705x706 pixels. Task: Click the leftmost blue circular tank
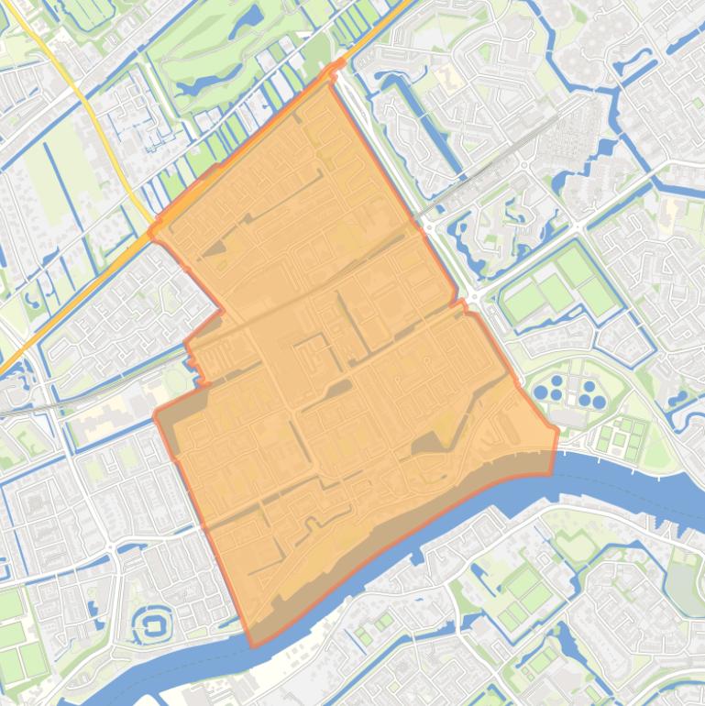tap(542, 392)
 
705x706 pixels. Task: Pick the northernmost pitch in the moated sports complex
tap(575, 266)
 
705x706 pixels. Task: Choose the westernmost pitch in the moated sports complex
tap(523, 303)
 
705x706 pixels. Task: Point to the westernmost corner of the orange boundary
tap(155, 414)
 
